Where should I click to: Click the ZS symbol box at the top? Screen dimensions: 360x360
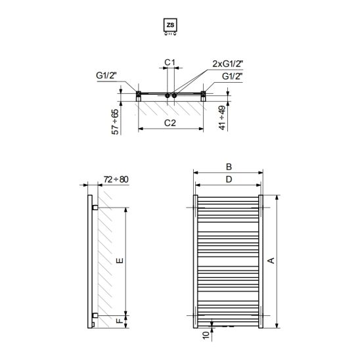[x=170, y=25]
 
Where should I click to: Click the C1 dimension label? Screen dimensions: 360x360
[x=170, y=62]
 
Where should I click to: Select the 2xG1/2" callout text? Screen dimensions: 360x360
[x=227, y=64]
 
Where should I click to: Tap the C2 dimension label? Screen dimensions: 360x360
[x=170, y=124]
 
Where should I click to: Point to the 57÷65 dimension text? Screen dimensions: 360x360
[x=115, y=122]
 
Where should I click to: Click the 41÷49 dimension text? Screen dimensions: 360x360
[x=222, y=118]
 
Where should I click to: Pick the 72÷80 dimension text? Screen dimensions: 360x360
[x=116, y=179]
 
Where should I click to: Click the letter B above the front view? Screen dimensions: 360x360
[x=229, y=167]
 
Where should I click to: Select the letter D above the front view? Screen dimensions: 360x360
[x=229, y=179]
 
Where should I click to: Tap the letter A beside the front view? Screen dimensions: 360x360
[x=271, y=261]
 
